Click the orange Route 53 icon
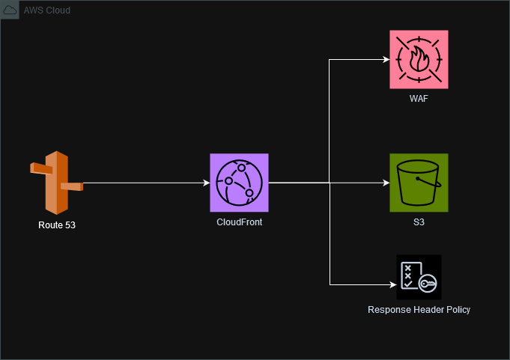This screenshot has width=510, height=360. pyautogui.click(x=56, y=182)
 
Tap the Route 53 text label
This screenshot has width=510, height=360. pyautogui.click(x=57, y=225)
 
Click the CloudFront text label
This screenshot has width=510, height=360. pyautogui.click(x=239, y=223)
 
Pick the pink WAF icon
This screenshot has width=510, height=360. pyautogui.click(x=419, y=59)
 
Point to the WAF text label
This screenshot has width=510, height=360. pyautogui.click(x=419, y=100)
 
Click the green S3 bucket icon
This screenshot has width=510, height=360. pyautogui.click(x=419, y=183)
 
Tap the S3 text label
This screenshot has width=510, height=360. pyautogui.click(x=419, y=223)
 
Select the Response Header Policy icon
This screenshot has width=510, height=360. pyautogui.click(x=419, y=277)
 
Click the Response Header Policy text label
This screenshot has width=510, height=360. pyautogui.click(x=419, y=310)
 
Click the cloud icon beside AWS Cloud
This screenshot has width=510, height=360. pyautogui.click(x=11, y=10)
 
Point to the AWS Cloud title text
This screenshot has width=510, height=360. pyautogui.click(x=48, y=10)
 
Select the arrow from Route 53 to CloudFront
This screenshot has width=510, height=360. pyautogui.click(x=142, y=183)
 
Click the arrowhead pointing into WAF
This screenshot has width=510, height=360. pyautogui.click(x=385, y=60)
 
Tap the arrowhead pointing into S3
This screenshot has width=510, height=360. pyautogui.click(x=385, y=183)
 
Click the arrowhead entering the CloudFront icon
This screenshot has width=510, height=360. pyautogui.click(x=205, y=183)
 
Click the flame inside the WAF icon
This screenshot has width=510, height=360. pyautogui.click(x=419, y=59)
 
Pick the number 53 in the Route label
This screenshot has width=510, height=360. pyautogui.click(x=70, y=225)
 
